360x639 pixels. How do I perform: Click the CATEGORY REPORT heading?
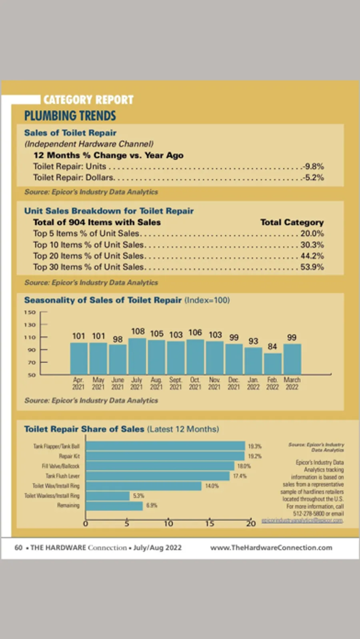coord(88,100)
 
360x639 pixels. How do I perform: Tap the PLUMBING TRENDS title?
coord(70,116)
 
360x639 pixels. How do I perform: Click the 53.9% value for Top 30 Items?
coord(312,267)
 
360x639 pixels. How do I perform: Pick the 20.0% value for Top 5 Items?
coord(312,234)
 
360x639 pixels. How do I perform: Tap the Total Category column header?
coord(292,222)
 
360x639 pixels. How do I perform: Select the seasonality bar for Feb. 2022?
coord(272,364)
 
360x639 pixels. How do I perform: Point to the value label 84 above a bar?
coord(272,346)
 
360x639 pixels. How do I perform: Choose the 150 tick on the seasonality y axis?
coord(30,312)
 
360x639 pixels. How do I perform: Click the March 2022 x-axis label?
coord(292,383)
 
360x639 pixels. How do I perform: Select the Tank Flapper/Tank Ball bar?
coord(165,446)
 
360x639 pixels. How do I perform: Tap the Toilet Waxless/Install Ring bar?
coord(108,496)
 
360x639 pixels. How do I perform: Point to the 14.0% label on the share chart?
coord(212,486)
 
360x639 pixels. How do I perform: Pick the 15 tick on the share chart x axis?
coord(210,523)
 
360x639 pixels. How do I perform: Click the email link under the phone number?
coord(302,521)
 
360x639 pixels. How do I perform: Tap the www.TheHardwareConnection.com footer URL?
coord(271,548)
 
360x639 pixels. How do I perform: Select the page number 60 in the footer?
coord(18,548)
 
